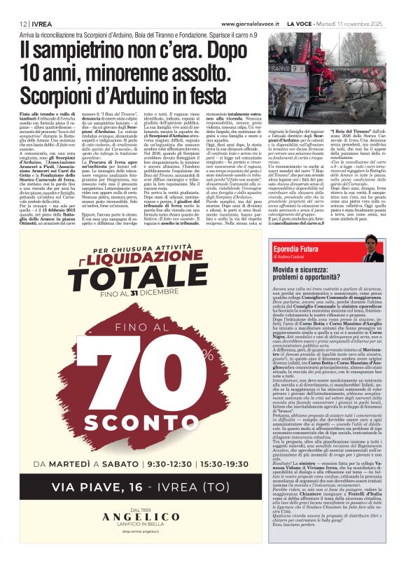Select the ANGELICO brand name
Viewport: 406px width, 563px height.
point(145,534)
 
